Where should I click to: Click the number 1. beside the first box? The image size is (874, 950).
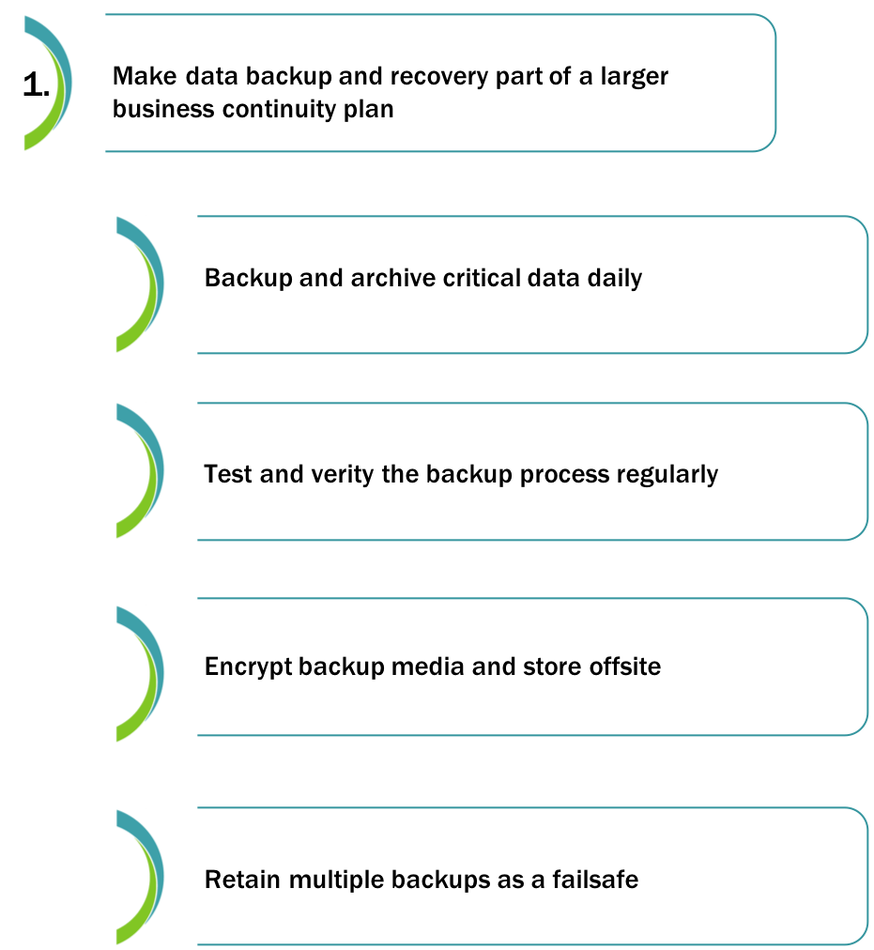coord(36,84)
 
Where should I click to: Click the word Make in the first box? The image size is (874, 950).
coord(145,76)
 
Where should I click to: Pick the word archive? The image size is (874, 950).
coord(392,278)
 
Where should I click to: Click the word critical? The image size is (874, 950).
coord(482,278)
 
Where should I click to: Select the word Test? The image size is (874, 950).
coord(228,474)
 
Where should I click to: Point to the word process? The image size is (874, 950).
coord(564,475)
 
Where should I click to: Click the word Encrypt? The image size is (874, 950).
coord(247,667)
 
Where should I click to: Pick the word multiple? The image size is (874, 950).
coord(336,881)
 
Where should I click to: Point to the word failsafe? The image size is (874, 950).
coord(594,880)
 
